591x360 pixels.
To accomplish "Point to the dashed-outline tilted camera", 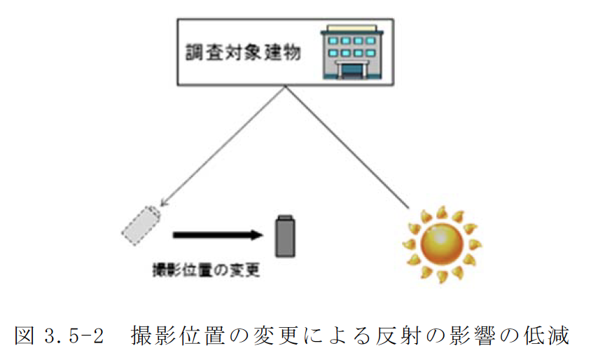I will coord(142,224).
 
